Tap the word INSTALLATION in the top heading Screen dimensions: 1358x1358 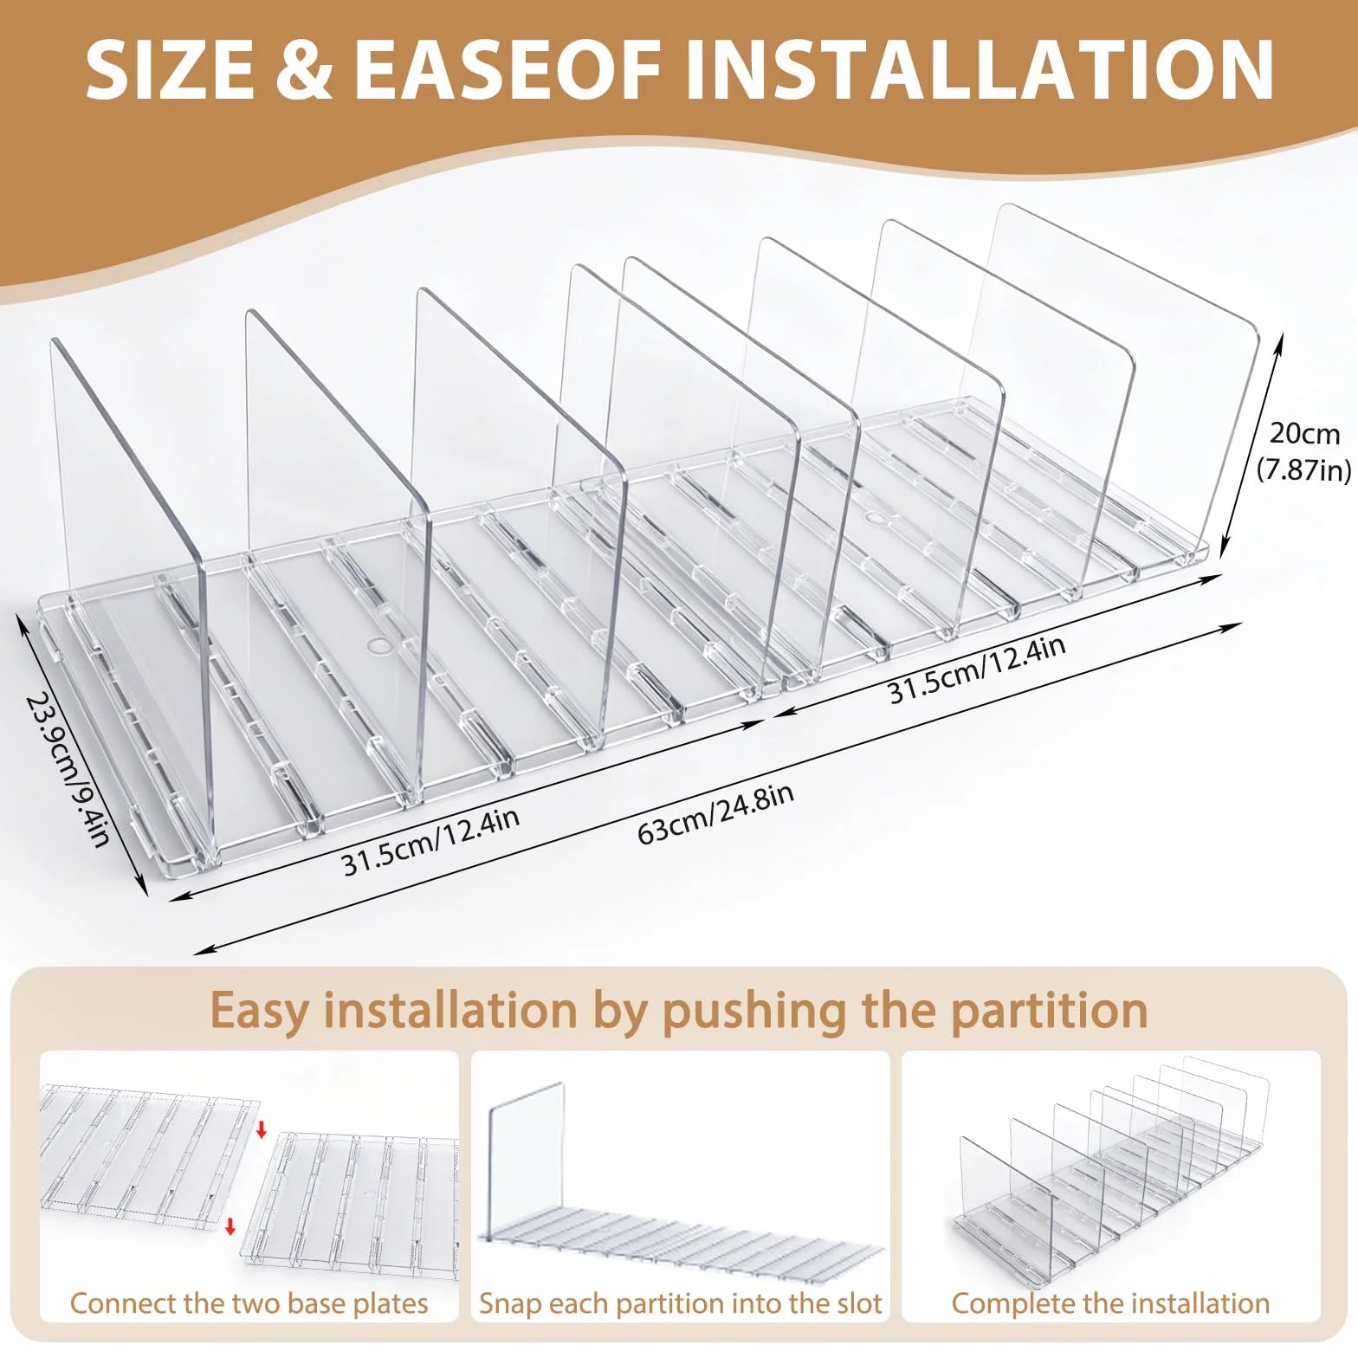pyautogui.click(x=980, y=69)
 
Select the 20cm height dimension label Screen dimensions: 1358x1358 pyautogui.click(x=1304, y=432)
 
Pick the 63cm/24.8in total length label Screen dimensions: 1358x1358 pyautogui.click(x=715, y=813)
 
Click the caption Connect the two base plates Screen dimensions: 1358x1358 pyautogui.click(x=249, y=1303)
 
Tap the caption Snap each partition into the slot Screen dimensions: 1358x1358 pyautogui.click(x=680, y=1303)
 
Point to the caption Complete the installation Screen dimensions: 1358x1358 pyautogui.click(x=1110, y=1303)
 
